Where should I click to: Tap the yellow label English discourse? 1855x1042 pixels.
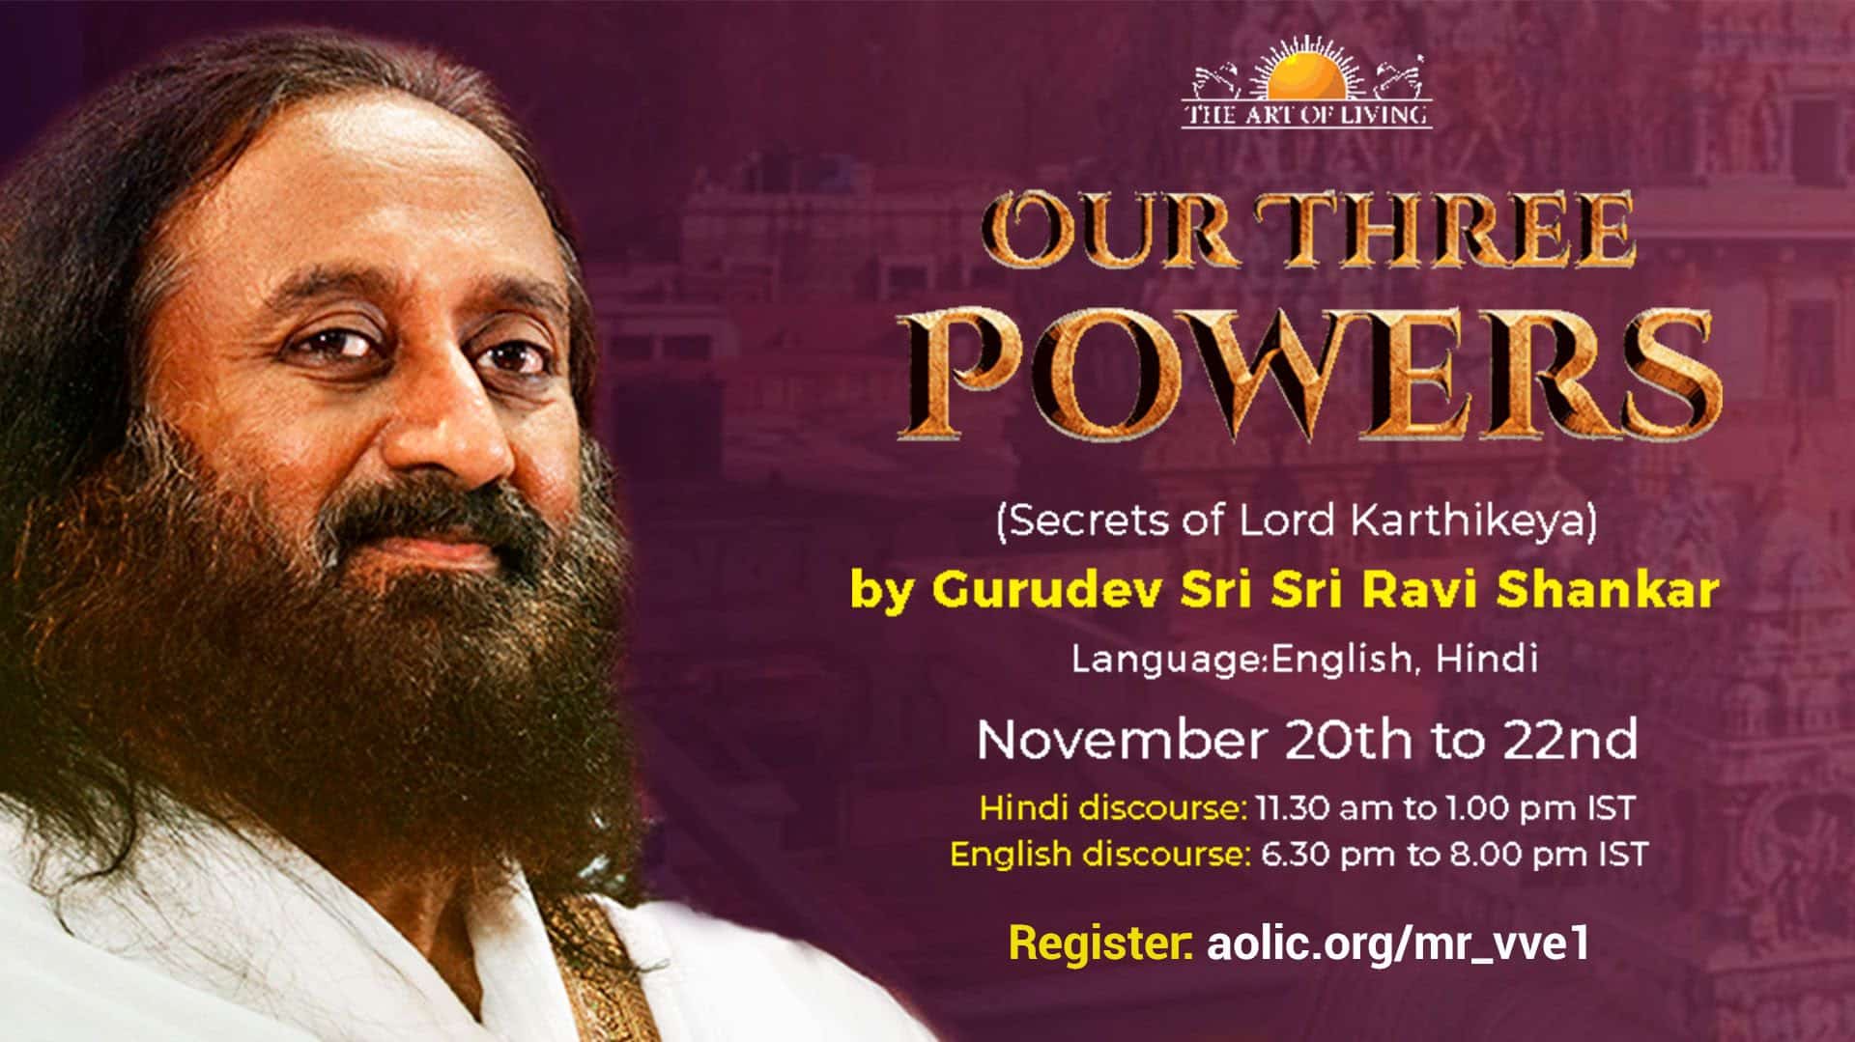1098,855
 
